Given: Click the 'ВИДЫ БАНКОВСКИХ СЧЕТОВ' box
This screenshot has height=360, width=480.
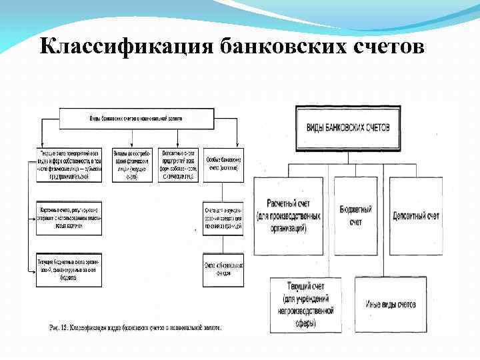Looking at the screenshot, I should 348,128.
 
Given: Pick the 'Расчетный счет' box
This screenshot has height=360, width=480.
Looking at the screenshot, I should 293,217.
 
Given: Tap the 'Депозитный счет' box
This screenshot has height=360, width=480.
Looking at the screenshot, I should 415,217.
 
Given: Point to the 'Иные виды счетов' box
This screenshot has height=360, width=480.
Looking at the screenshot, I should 391,305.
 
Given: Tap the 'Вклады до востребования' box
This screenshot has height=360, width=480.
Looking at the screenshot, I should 132,165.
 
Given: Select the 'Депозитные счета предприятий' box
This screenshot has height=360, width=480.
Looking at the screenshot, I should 178,165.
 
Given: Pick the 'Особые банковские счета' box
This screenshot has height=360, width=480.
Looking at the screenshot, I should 223,165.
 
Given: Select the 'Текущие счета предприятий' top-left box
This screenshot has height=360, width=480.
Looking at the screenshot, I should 66,165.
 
